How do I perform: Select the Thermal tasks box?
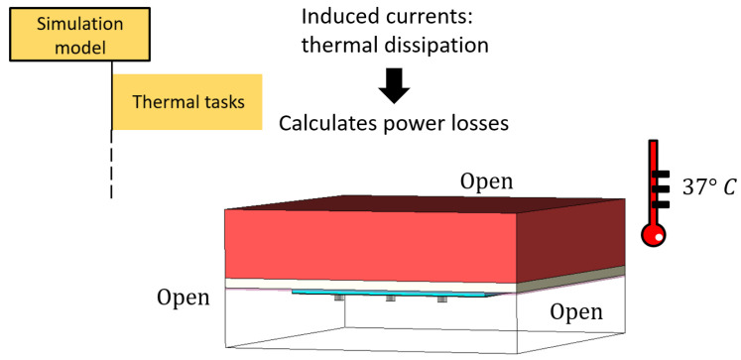(186, 101)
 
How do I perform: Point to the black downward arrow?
(394, 88)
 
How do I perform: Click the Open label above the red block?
(485, 181)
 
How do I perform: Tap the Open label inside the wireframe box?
(575, 312)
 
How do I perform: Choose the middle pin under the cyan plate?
(390, 300)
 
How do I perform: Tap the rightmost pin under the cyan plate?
(441, 300)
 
